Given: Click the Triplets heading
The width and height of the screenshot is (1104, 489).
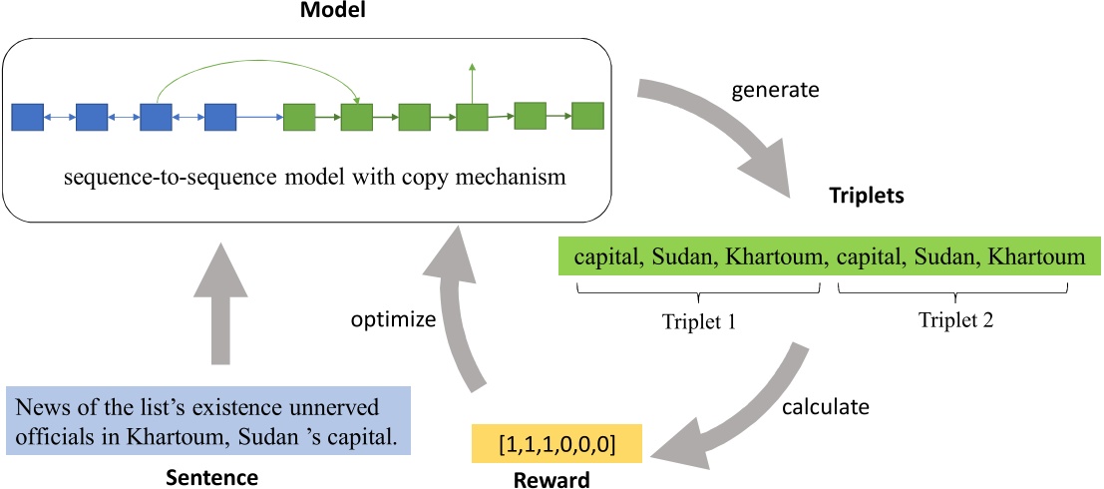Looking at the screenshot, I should [867, 196].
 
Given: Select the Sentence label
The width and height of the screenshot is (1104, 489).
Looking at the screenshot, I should [211, 478].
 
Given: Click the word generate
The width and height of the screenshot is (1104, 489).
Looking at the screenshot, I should [775, 91].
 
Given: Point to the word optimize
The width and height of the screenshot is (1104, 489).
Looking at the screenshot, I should [393, 320].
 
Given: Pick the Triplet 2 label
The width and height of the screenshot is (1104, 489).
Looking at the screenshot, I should [955, 321].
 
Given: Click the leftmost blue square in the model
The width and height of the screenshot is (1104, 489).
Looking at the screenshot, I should [27, 118].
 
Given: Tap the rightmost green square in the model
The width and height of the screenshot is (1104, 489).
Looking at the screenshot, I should [588, 116].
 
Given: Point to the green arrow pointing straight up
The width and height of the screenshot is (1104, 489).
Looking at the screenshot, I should [473, 85].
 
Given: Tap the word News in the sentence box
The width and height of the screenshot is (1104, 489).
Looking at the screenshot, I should [39, 409].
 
